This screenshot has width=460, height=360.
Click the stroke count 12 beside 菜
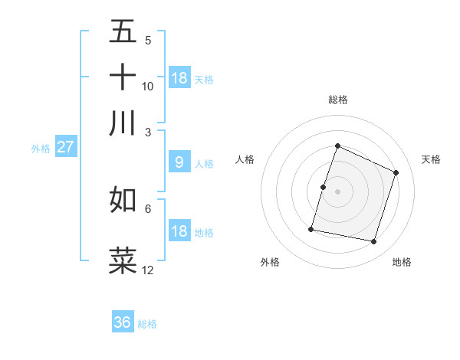click(x=148, y=270)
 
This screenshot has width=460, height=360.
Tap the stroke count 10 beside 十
click(x=148, y=86)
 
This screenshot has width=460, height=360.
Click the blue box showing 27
click(x=65, y=147)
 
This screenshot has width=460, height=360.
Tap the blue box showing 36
click(x=123, y=322)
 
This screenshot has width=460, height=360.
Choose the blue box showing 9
click(x=179, y=162)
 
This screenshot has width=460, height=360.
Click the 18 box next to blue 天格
click(x=179, y=78)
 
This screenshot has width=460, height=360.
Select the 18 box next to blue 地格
click(x=179, y=231)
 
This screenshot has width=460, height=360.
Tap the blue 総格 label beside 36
click(x=147, y=324)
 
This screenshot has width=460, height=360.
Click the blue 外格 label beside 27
click(x=41, y=149)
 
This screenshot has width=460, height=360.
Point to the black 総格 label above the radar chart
click(x=338, y=100)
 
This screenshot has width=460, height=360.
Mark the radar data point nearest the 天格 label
click(x=396, y=172)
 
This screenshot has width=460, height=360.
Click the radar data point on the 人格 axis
click(x=324, y=187)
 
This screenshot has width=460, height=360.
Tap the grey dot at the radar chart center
click(x=338, y=191)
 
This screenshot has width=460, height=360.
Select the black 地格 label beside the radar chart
click(x=402, y=263)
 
